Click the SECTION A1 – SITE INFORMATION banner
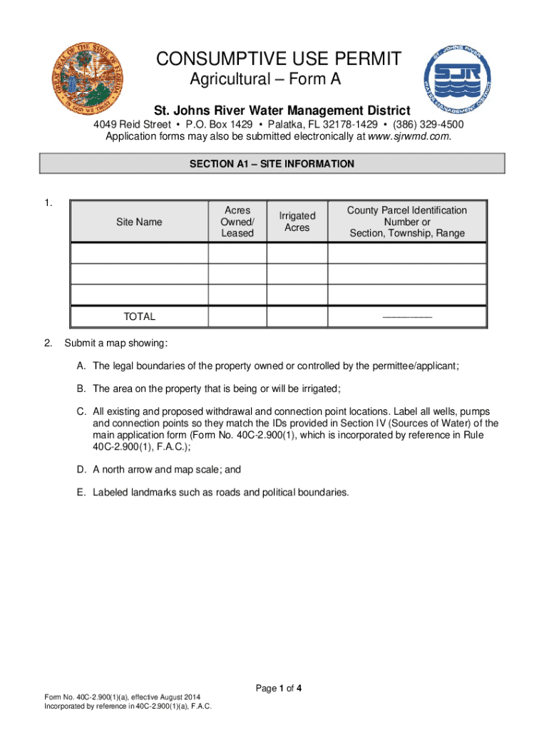pos(272,164)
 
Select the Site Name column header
pos(139,222)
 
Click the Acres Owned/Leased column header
pos(237,222)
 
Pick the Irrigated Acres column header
pos(297,222)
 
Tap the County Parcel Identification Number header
pos(406,222)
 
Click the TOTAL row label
pos(139,317)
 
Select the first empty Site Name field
pos(139,254)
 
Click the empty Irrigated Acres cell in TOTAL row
pos(297,317)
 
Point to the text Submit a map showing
pos(116,344)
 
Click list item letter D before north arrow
pos(83,469)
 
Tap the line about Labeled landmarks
pos(221,492)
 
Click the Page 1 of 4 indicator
pos(279,688)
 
